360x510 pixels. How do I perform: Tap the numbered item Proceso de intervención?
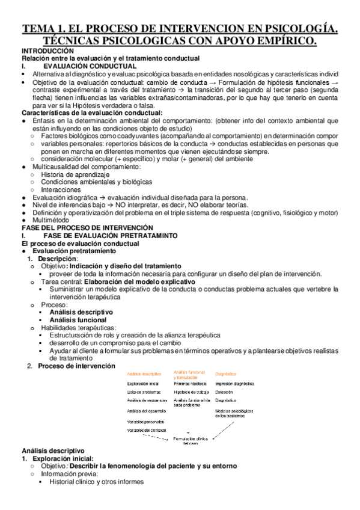pos(76,366)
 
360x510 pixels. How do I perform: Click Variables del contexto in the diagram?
pos(147,430)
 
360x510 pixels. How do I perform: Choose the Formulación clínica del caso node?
pos(191,441)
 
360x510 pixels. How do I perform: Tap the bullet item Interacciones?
pos(61,189)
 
